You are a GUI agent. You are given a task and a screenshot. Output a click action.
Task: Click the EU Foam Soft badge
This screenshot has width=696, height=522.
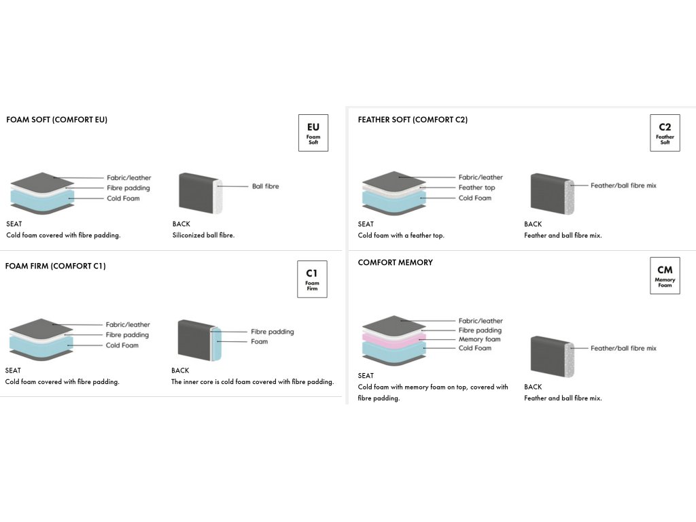313,133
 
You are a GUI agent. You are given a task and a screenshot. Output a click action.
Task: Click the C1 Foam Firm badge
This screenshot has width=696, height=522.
312,279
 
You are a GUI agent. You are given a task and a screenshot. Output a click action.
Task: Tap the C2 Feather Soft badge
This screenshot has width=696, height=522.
665,133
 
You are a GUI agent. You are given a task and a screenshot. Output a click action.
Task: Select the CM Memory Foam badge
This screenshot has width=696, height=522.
665,276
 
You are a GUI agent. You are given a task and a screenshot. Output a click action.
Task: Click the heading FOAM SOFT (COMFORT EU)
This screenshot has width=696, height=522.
57,120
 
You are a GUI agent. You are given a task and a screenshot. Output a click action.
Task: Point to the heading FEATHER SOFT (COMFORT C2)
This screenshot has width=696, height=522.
413,120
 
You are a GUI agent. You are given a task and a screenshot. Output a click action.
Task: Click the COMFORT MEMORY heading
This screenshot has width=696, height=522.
396,262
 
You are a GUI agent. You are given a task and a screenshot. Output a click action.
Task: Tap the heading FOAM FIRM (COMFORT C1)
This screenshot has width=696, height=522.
56,266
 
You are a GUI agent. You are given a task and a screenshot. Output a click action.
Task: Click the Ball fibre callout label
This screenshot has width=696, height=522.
266,186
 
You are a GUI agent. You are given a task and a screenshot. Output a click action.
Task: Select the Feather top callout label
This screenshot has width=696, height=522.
476,188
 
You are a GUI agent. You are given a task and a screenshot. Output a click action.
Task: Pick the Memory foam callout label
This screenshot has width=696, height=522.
479,339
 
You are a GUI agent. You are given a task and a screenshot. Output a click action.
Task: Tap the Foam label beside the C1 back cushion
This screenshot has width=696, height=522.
259,341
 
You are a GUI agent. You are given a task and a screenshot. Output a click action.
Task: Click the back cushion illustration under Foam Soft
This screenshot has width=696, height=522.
201,193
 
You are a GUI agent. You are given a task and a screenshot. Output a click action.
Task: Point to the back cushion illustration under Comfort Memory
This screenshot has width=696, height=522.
552,356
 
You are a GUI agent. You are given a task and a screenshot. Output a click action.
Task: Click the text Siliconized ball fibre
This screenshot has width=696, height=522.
203,235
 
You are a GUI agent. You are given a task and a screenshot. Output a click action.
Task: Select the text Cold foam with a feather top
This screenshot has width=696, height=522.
401,235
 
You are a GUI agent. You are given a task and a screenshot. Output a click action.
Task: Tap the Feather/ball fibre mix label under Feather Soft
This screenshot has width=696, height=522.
623,186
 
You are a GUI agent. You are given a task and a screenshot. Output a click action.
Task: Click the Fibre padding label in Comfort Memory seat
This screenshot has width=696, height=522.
480,330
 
